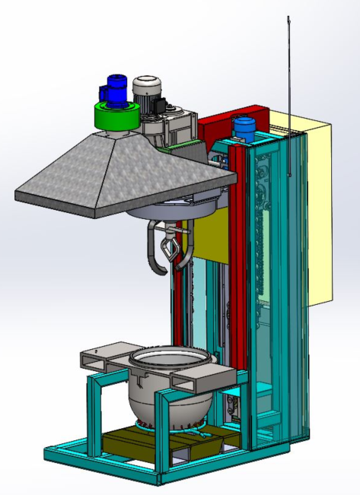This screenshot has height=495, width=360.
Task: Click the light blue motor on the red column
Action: click(x=244, y=127)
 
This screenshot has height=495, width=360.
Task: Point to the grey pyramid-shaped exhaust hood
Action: click(x=114, y=171)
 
